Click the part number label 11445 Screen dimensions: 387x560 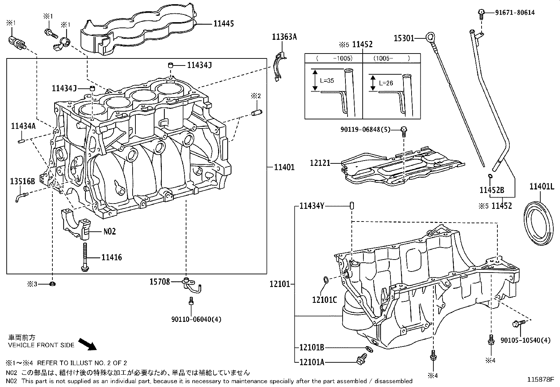(224, 24)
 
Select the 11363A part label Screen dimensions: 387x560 (284, 37)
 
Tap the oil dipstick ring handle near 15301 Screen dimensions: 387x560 (429, 36)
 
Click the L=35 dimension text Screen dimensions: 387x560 (327, 81)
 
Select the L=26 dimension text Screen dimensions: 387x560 (386, 83)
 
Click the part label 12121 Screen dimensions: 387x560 (320, 163)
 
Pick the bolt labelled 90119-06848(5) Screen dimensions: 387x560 (404, 131)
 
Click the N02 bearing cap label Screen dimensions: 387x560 (109, 232)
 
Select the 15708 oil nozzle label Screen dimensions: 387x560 (160, 282)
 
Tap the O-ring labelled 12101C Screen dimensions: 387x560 (326, 280)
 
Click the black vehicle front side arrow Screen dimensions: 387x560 (87, 344)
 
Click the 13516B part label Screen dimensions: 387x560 (23, 181)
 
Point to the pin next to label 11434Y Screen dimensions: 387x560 (351, 206)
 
